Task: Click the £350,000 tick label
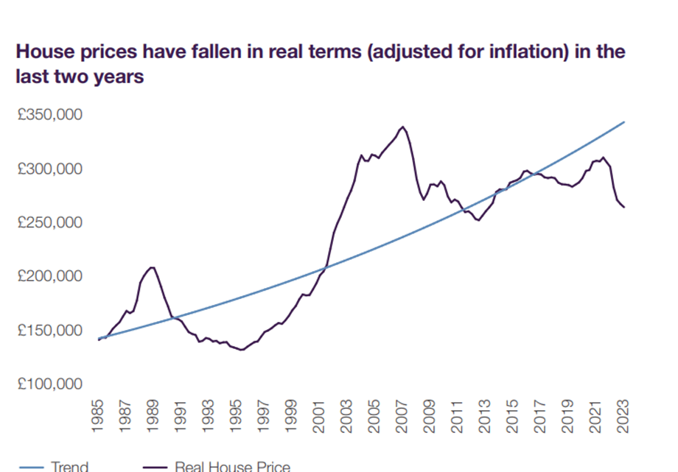(x=50, y=116)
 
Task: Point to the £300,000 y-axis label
(x=50, y=169)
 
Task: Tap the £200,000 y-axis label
(x=50, y=277)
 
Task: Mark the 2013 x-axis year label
(x=486, y=418)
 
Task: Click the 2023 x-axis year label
(x=624, y=418)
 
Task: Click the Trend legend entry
(x=70, y=466)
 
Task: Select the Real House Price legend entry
(x=232, y=466)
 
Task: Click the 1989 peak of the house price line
(x=152, y=267)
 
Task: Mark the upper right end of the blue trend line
(x=624, y=121)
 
